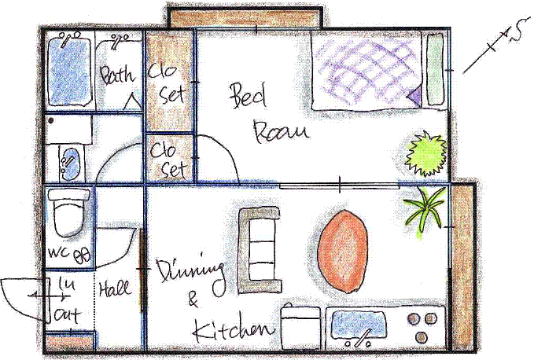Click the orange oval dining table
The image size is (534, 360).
(343, 252)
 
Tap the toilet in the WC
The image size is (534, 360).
(68, 213)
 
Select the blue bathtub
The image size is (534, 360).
(69, 71)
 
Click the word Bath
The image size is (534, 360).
(117, 74)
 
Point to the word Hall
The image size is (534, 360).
(115, 288)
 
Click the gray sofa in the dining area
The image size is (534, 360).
(260, 250)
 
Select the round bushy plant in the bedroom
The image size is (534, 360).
(425, 154)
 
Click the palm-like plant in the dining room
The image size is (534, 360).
(425, 209)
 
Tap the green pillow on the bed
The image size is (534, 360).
(435, 69)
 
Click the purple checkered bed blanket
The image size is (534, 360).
(367, 71)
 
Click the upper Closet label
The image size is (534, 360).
(167, 83)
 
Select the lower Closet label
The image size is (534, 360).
(168, 160)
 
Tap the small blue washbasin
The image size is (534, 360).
(70, 164)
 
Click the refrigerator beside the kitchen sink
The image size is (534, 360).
(300, 327)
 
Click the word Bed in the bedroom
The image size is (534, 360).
(248, 96)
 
